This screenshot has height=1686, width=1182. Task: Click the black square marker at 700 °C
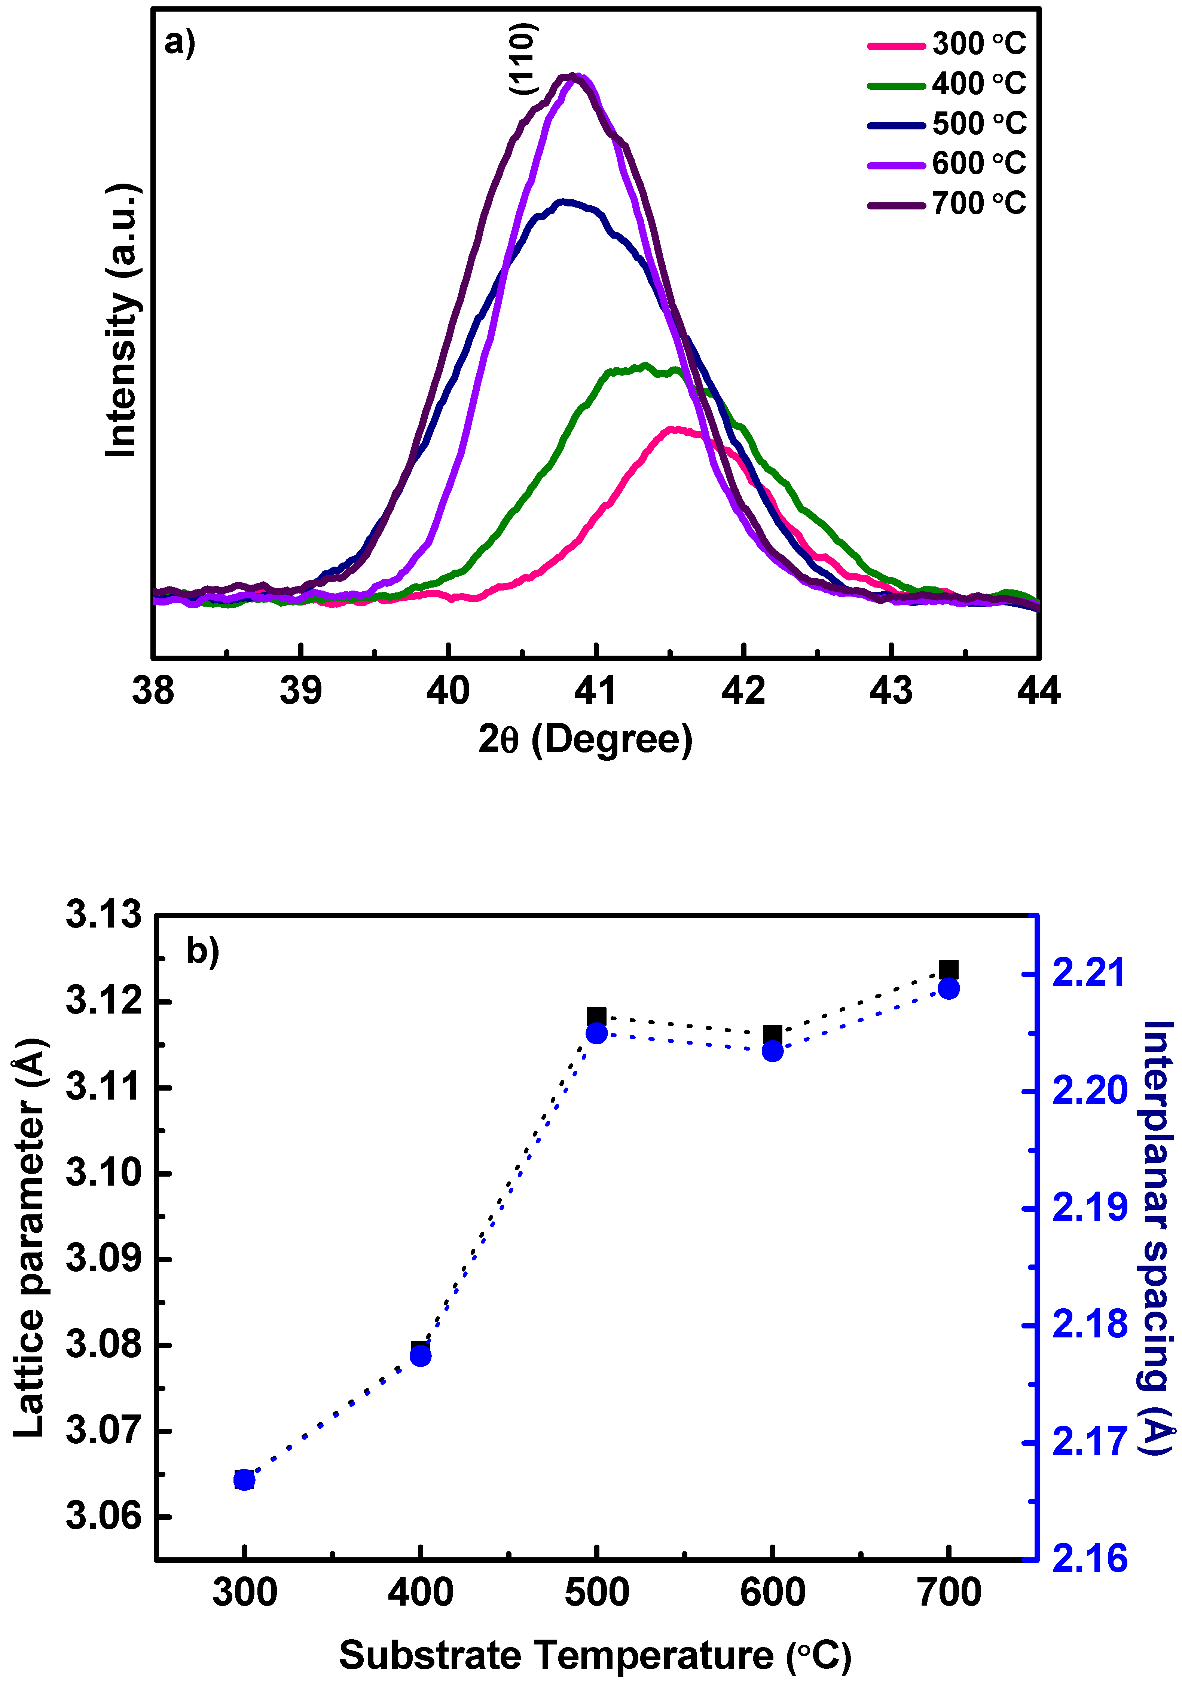949,970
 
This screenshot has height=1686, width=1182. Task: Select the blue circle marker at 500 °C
596,1034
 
